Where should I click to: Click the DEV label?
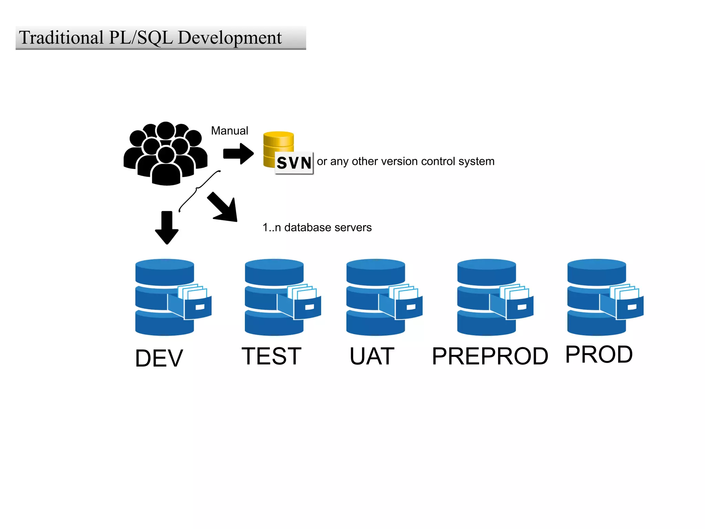coord(159,358)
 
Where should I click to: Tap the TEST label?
coord(272,356)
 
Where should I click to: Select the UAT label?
coord(372,356)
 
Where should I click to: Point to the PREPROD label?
coord(490,356)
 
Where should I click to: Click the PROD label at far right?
coord(599,355)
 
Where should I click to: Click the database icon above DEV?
coord(169,297)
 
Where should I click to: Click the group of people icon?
coord(166,154)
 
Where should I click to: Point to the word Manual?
coord(230,131)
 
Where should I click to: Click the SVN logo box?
coord(294,163)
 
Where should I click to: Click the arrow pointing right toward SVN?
coord(238,154)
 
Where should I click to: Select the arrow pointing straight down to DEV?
coord(167,227)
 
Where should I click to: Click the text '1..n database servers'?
coord(317,228)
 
